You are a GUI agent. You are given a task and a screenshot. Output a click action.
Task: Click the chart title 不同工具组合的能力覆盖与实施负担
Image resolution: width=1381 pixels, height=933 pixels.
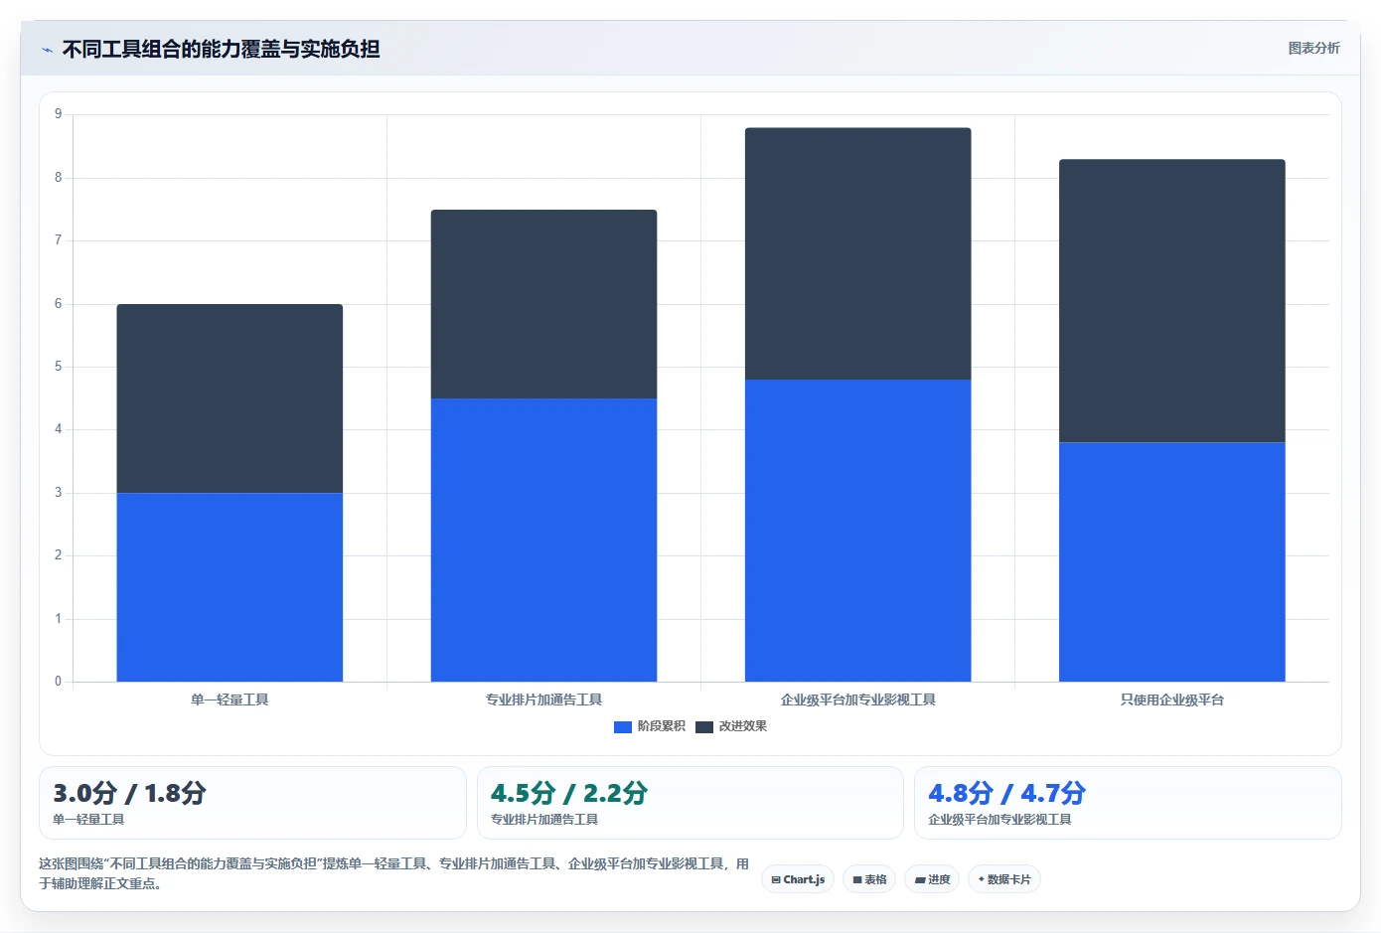point(221,49)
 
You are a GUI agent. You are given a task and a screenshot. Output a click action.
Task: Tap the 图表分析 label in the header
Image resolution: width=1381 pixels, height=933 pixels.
point(1313,48)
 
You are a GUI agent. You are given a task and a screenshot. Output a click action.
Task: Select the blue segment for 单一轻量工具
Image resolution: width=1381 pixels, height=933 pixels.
point(230,587)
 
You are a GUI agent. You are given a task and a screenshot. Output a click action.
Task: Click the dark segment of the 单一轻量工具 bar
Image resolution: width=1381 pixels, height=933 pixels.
point(230,398)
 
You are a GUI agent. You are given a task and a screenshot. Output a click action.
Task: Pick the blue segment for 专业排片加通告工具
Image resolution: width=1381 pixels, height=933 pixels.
point(543,540)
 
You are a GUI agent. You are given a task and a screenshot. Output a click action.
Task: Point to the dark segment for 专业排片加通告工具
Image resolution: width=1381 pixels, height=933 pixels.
point(543,304)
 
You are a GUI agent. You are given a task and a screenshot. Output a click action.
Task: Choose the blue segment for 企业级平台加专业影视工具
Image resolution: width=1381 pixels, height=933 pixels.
point(857,531)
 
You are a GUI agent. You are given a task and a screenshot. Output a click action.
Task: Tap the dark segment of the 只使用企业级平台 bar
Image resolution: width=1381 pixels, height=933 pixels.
point(1172,301)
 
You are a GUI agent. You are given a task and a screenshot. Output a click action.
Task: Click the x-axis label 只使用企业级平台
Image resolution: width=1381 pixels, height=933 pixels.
point(1172,700)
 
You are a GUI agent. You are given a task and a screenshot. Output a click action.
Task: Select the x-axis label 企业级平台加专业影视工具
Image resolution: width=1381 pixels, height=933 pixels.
point(857,700)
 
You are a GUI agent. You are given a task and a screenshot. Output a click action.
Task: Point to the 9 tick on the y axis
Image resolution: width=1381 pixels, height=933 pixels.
point(58,114)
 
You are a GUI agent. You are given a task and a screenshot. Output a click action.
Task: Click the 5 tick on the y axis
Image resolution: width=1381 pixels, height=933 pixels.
point(58,367)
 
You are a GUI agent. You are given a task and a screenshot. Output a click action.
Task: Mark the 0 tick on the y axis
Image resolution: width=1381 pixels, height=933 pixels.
point(58,682)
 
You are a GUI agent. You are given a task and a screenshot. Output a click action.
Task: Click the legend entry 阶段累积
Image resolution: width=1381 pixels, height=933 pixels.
point(649,726)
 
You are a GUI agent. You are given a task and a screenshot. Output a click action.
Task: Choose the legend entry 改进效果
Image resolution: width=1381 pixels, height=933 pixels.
point(731,726)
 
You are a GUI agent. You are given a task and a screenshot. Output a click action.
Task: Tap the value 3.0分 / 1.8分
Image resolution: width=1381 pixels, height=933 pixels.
point(129,793)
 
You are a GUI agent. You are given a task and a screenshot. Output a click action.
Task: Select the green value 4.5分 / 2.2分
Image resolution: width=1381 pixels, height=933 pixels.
point(569,793)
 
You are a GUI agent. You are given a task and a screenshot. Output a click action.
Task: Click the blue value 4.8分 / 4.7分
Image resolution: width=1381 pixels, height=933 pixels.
point(1006,793)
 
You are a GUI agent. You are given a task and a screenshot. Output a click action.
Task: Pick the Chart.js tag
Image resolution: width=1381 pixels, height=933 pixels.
point(798,879)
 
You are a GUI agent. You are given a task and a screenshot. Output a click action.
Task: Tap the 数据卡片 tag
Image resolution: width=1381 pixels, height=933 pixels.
point(1004,879)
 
